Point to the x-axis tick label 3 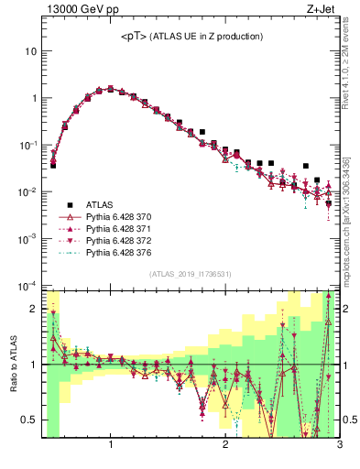coord(338,445)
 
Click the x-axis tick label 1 coord(111,445)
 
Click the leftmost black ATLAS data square coord(53,166)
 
